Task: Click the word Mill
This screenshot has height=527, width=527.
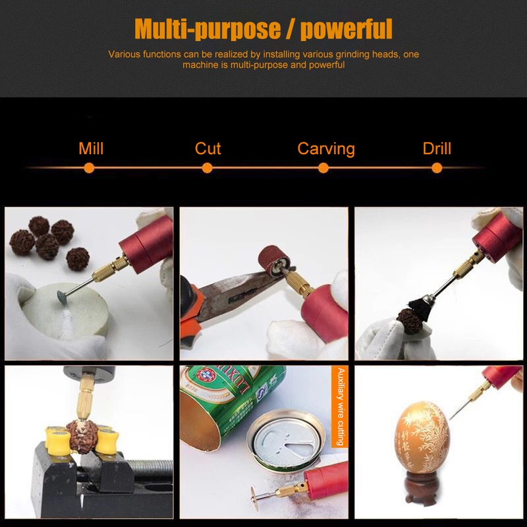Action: point(91,148)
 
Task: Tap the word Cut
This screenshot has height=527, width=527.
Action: point(208,148)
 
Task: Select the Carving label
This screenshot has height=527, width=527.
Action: point(325,148)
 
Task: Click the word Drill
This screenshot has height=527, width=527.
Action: point(437,148)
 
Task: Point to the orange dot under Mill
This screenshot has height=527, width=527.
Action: point(90,169)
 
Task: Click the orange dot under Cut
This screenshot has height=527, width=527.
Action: point(208,169)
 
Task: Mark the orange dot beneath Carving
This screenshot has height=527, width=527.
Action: point(323,169)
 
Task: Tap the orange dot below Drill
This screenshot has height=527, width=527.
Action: point(437,169)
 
